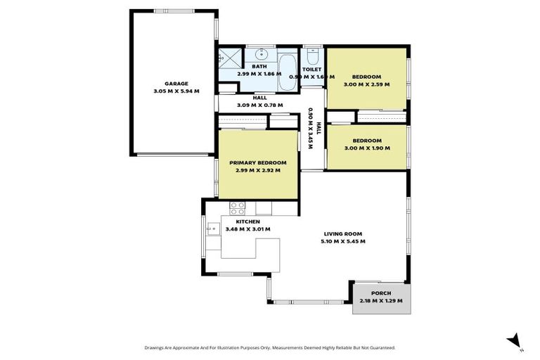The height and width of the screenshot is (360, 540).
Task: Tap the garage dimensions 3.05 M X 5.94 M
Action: (x=176, y=91)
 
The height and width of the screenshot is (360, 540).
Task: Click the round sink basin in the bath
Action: (x=263, y=53)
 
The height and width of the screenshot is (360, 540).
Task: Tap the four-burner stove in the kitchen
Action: (x=238, y=208)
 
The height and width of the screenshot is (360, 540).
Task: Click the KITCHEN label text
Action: (x=238, y=221)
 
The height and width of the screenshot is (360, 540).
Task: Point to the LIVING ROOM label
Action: (x=344, y=234)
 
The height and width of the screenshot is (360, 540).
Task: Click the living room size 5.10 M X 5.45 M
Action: (x=344, y=241)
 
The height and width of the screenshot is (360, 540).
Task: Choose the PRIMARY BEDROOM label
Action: (x=257, y=163)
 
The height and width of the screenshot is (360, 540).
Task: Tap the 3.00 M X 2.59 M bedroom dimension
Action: (x=366, y=84)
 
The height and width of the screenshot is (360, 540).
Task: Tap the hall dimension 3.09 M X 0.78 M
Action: (x=259, y=105)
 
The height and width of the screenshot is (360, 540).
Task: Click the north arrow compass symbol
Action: (x=513, y=340)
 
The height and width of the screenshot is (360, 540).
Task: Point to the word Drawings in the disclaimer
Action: (x=157, y=347)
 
